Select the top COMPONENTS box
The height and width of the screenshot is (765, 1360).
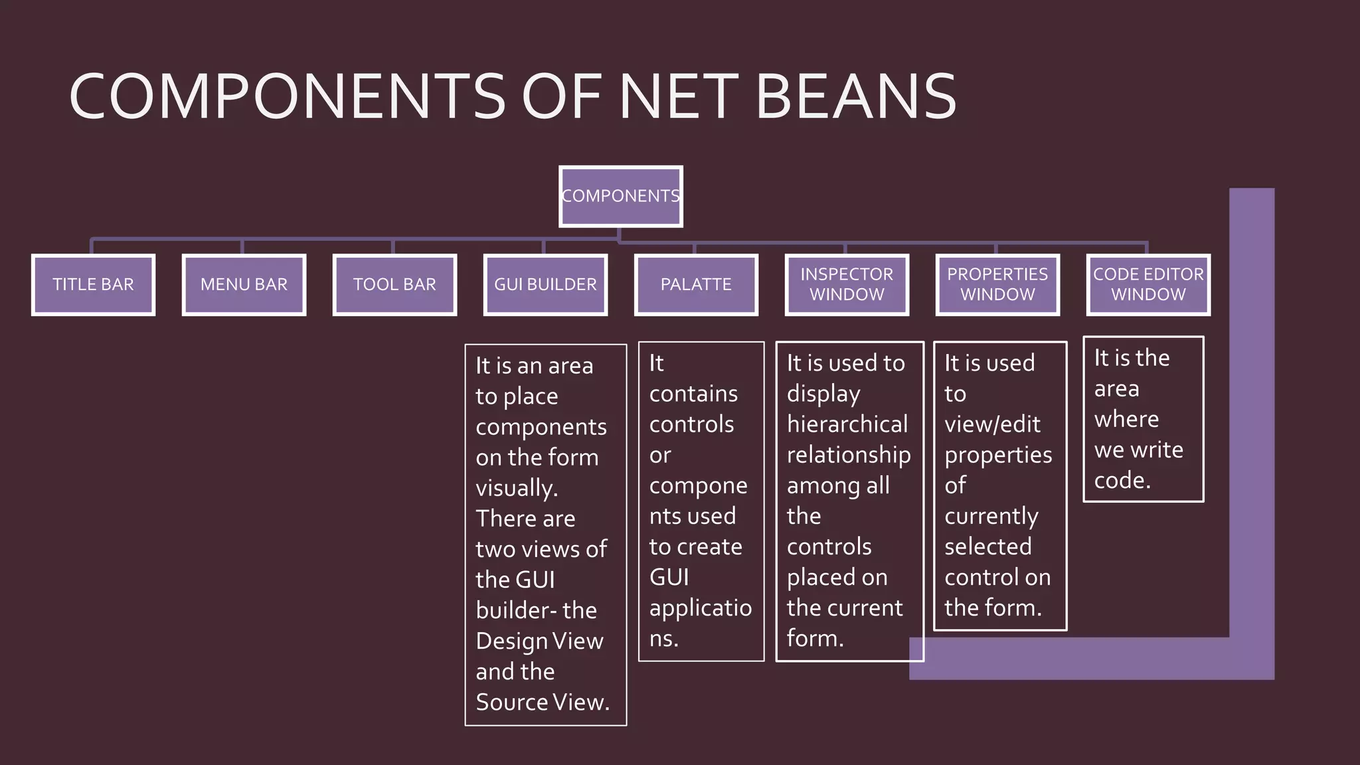[x=621, y=196]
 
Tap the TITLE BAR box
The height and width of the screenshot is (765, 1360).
[x=93, y=284]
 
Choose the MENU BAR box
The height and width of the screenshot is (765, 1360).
[x=244, y=284]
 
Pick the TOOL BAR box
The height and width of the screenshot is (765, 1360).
[x=394, y=284]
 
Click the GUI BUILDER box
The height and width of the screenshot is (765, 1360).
[x=545, y=284]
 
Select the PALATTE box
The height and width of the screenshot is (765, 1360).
[x=696, y=284]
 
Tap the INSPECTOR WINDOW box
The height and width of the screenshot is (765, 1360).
[x=847, y=284]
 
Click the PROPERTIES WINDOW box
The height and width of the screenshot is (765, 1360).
[x=997, y=284]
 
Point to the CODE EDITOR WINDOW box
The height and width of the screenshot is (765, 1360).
[x=1148, y=284]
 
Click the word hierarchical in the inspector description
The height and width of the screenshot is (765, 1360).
[x=847, y=424]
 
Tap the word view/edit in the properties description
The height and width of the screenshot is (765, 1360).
[x=992, y=424]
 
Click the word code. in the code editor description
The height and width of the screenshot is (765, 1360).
[x=1122, y=480]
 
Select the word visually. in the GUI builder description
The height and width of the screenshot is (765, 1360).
[x=517, y=488]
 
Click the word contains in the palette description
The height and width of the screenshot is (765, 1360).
[x=693, y=394]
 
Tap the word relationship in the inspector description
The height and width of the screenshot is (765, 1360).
[x=849, y=455]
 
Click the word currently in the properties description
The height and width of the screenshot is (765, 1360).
[x=991, y=516]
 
